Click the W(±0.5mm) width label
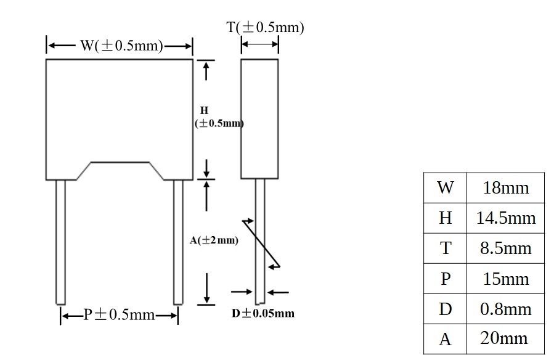point(121,46)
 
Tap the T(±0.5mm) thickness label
point(265,27)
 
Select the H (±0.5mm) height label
point(219,117)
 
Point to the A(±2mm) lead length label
point(214,240)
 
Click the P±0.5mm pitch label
point(119,314)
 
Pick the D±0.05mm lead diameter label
point(263,313)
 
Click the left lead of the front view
point(61,242)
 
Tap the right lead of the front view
point(178,242)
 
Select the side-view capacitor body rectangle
point(259,119)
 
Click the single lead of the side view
point(260,241)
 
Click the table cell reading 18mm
point(505,187)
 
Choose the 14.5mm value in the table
point(505,218)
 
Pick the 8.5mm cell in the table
point(505,248)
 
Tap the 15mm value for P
point(505,279)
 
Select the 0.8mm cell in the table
point(505,309)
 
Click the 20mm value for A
point(504,338)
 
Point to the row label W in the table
point(445,187)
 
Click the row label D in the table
point(445,309)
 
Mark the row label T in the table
point(446,248)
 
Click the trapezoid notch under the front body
point(120,163)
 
